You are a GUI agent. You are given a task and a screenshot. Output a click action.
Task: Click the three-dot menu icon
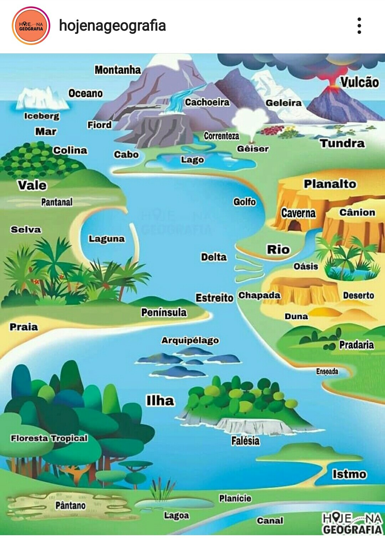pyautogui.click(x=359, y=26)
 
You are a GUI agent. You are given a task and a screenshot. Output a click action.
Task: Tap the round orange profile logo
pyautogui.click(x=31, y=26)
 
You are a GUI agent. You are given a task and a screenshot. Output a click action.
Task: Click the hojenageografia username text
pyautogui.click(x=112, y=26)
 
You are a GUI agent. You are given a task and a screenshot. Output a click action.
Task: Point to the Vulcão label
pyautogui.click(x=359, y=82)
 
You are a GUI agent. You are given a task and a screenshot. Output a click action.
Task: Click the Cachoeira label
pyautogui.click(x=207, y=102)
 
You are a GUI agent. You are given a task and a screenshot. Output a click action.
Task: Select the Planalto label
pyautogui.click(x=330, y=184)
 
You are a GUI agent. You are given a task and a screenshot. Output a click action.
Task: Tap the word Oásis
pyautogui.click(x=306, y=267)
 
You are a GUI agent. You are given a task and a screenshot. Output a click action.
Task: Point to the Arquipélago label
pyautogui.click(x=190, y=340)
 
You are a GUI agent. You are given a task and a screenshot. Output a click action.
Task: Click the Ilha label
pyautogui.click(x=160, y=401)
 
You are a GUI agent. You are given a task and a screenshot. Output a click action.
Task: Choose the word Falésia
pyautogui.click(x=245, y=441)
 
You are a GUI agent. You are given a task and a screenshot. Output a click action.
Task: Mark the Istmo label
pyautogui.click(x=349, y=474)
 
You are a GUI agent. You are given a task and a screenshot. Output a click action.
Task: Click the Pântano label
pyautogui.click(x=70, y=505)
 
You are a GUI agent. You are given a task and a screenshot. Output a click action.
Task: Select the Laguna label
pyautogui.click(x=107, y=239)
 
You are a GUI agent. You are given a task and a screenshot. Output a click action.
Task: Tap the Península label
pyautogui.click(x=164, y=313)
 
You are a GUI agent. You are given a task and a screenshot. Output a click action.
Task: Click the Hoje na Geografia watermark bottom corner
pyautogui.click(x=351, y=523)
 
